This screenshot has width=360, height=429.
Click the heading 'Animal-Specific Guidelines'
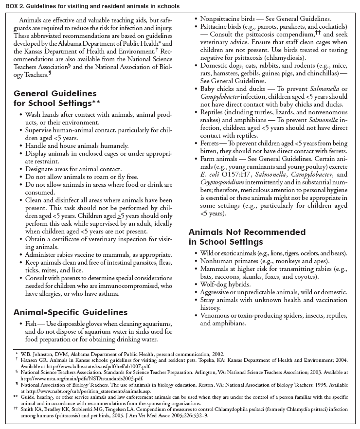70,312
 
